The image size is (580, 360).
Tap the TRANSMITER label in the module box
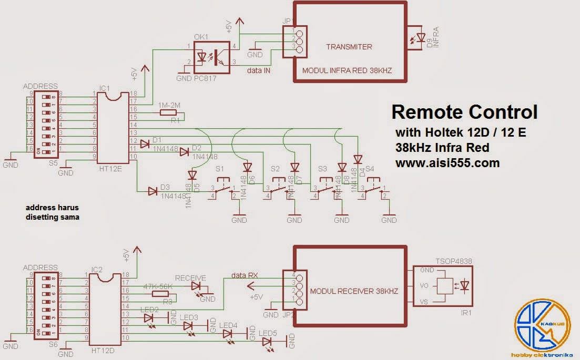pyautogui.click(x=349, y=47)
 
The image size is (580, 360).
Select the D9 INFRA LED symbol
pyautogui.click(x=420, y=38)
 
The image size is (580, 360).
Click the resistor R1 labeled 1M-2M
pyautogui.click(x=168, y=112)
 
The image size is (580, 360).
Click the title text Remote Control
pyautogui.click(x=464, y=112)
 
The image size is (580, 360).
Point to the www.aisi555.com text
pyautogui.click(x=447, y=163)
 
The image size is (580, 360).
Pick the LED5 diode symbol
pyautogui.click(x=268, y=342)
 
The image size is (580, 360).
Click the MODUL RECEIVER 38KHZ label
pyautogui.click(x=354, y=291)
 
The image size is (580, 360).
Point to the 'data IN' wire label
pyautogui.click(x=259, y=70)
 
